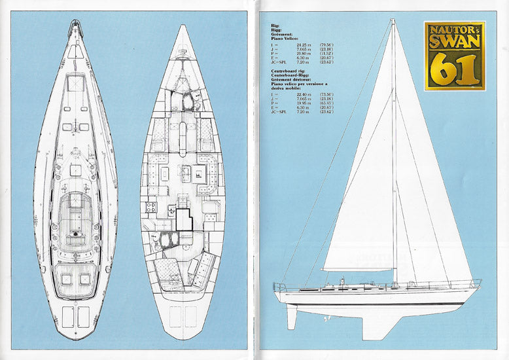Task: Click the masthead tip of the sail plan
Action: click(393, 22)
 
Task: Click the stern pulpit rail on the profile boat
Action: click(280, 287)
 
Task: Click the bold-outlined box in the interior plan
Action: click(184, 219)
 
